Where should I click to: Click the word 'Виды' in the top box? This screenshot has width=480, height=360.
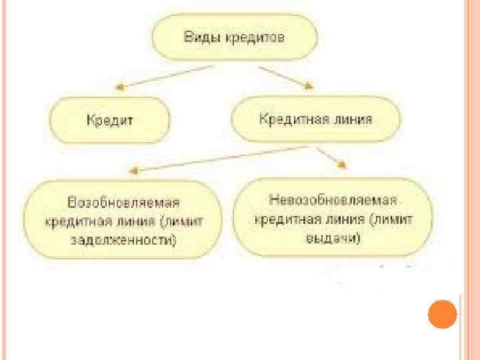[199, 37]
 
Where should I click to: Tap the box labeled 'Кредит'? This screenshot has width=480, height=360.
[110, 120]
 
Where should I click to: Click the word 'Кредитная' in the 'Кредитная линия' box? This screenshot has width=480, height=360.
[289, 119]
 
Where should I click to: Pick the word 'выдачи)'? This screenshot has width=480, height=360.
[333, 237]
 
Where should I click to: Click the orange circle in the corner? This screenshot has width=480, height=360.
[441, 315]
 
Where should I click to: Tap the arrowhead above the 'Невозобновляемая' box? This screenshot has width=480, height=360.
[342, 165]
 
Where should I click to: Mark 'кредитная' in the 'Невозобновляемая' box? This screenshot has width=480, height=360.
[283, 219]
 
